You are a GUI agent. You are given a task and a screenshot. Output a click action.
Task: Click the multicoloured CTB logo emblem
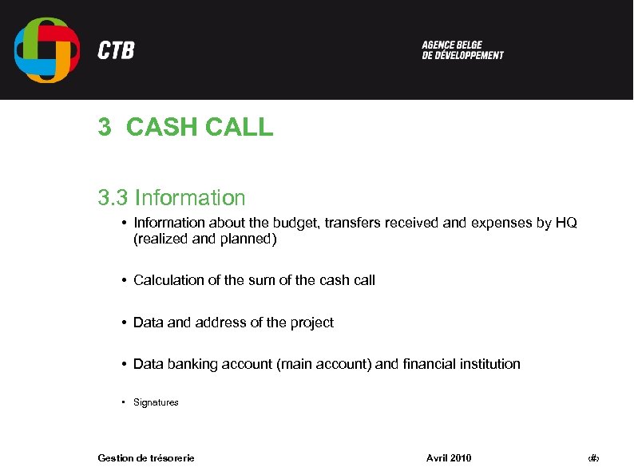(x=47, y=49)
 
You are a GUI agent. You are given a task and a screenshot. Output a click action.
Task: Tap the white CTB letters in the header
(x=116, y=51)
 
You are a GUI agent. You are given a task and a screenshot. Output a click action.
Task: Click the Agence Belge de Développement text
(x=462, y=50)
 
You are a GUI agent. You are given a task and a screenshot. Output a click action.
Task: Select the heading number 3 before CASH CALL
(x=104, y=127)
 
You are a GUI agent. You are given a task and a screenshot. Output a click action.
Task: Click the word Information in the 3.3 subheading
(x=190, y=197)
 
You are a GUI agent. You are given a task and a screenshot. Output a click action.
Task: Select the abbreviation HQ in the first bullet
(x=565, y=223)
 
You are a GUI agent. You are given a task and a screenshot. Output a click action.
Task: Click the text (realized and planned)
(x=205, y=238)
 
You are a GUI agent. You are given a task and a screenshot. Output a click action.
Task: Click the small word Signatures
(x=156, y=402)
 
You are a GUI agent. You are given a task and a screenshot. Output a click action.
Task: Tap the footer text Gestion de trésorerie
(x=146, y=457)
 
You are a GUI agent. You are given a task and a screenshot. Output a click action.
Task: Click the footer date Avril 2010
(x=449, y=457)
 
